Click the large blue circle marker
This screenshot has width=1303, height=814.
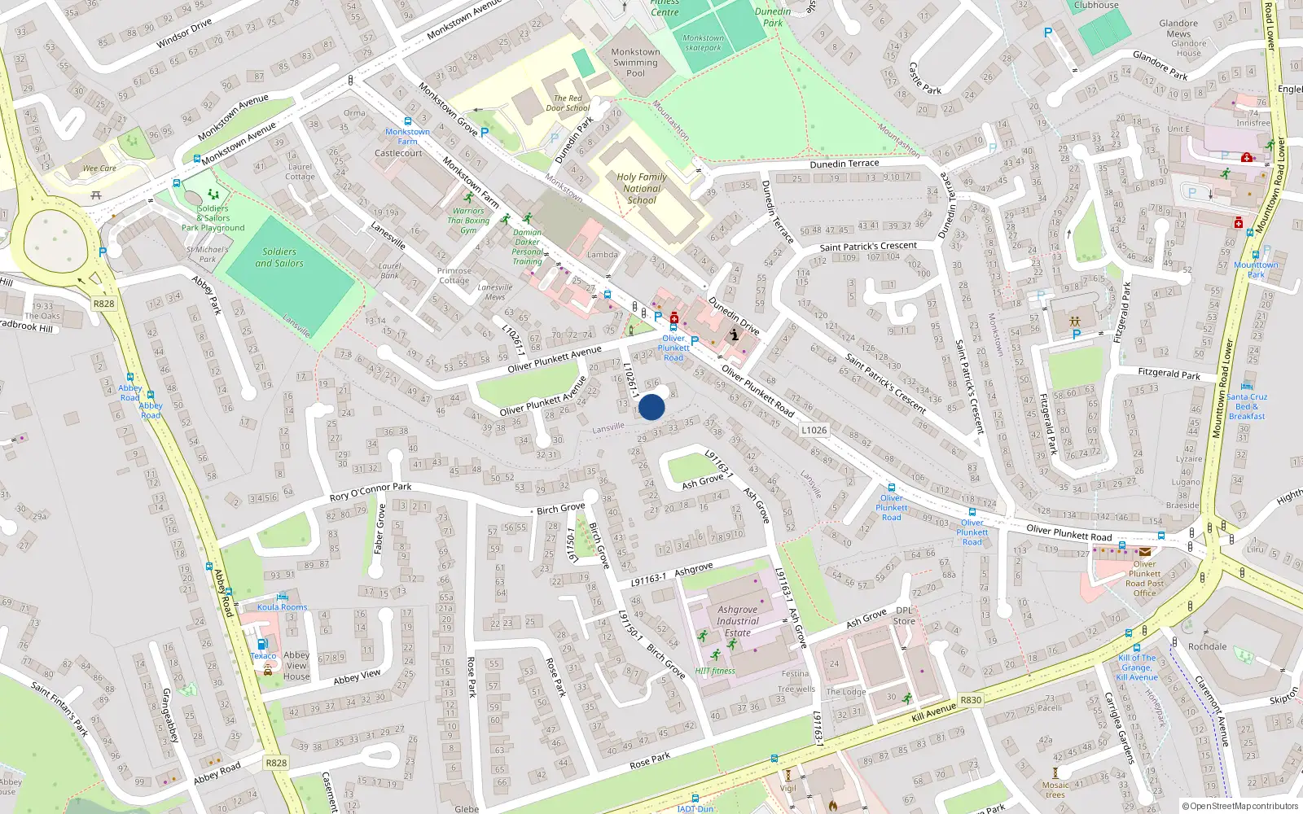pyautogui.click(x=651, y=407)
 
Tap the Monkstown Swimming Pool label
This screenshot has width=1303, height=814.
pyautogui.click(x=635, y=62)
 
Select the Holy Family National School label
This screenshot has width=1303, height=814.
pyautogui.click(x=642, y=188)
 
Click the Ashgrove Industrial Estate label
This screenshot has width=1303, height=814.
pyautogui.click(x=737, y=621)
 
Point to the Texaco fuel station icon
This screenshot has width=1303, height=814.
pyautogui.click(x=262, y=644)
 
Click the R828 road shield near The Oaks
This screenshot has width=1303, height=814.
pyautogui.click(x=103, y=304)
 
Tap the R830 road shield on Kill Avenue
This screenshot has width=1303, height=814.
pyautogui.click(x=971, y=699)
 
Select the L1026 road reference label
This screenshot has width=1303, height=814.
pyautogui.click(x=814, y=430)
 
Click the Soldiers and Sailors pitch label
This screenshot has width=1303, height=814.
pyautogui.click(x=279, y=257)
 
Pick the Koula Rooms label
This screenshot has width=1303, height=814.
pyautogui.click(x=283, y=606)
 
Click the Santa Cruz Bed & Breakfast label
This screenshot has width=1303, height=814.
pyautogui.click(x=1247, y=406)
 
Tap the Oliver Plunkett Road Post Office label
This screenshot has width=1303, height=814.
pyautogui.click(x=1144, y=578)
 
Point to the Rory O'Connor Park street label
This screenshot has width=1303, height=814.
pyautogui.click(x=371, y=492)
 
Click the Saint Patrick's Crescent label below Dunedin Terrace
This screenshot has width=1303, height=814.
pyautogui.click(x=868, y=246)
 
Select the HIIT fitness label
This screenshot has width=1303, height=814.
pyautogui.click(x=715, y=671)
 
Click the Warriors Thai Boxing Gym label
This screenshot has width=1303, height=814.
pyautogui.click(x=468, y=220)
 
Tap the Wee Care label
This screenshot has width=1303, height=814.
pyautogui.click(x=99, y=168)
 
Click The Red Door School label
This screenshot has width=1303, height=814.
pyautogui.click(x=568, y=103)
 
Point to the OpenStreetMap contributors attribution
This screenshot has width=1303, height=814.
pyautogui.click(x=1240, y=806)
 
